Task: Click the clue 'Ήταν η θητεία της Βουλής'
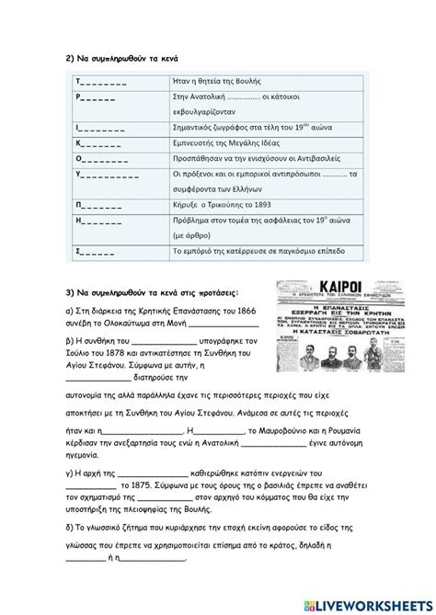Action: click(x=215, y=81)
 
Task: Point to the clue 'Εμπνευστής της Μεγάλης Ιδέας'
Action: click(x=226, y=143)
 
